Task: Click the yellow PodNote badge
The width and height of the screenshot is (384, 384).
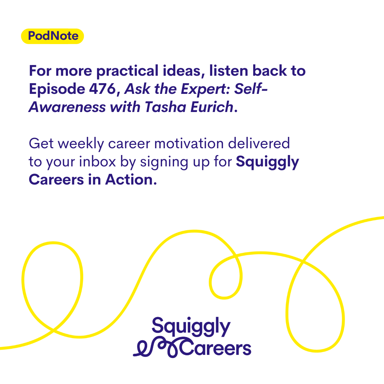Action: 52,36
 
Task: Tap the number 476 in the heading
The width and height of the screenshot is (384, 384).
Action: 102,89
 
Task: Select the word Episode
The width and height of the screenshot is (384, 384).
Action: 57,89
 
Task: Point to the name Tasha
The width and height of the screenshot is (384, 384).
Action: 165,107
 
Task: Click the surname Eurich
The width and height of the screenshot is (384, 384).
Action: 212,107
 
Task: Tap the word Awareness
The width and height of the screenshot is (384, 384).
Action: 67,107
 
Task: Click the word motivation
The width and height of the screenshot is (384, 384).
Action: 189,144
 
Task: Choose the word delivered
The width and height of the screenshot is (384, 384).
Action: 259,143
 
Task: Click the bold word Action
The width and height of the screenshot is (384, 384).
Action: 129,180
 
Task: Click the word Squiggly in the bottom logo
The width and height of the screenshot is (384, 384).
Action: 191,327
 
